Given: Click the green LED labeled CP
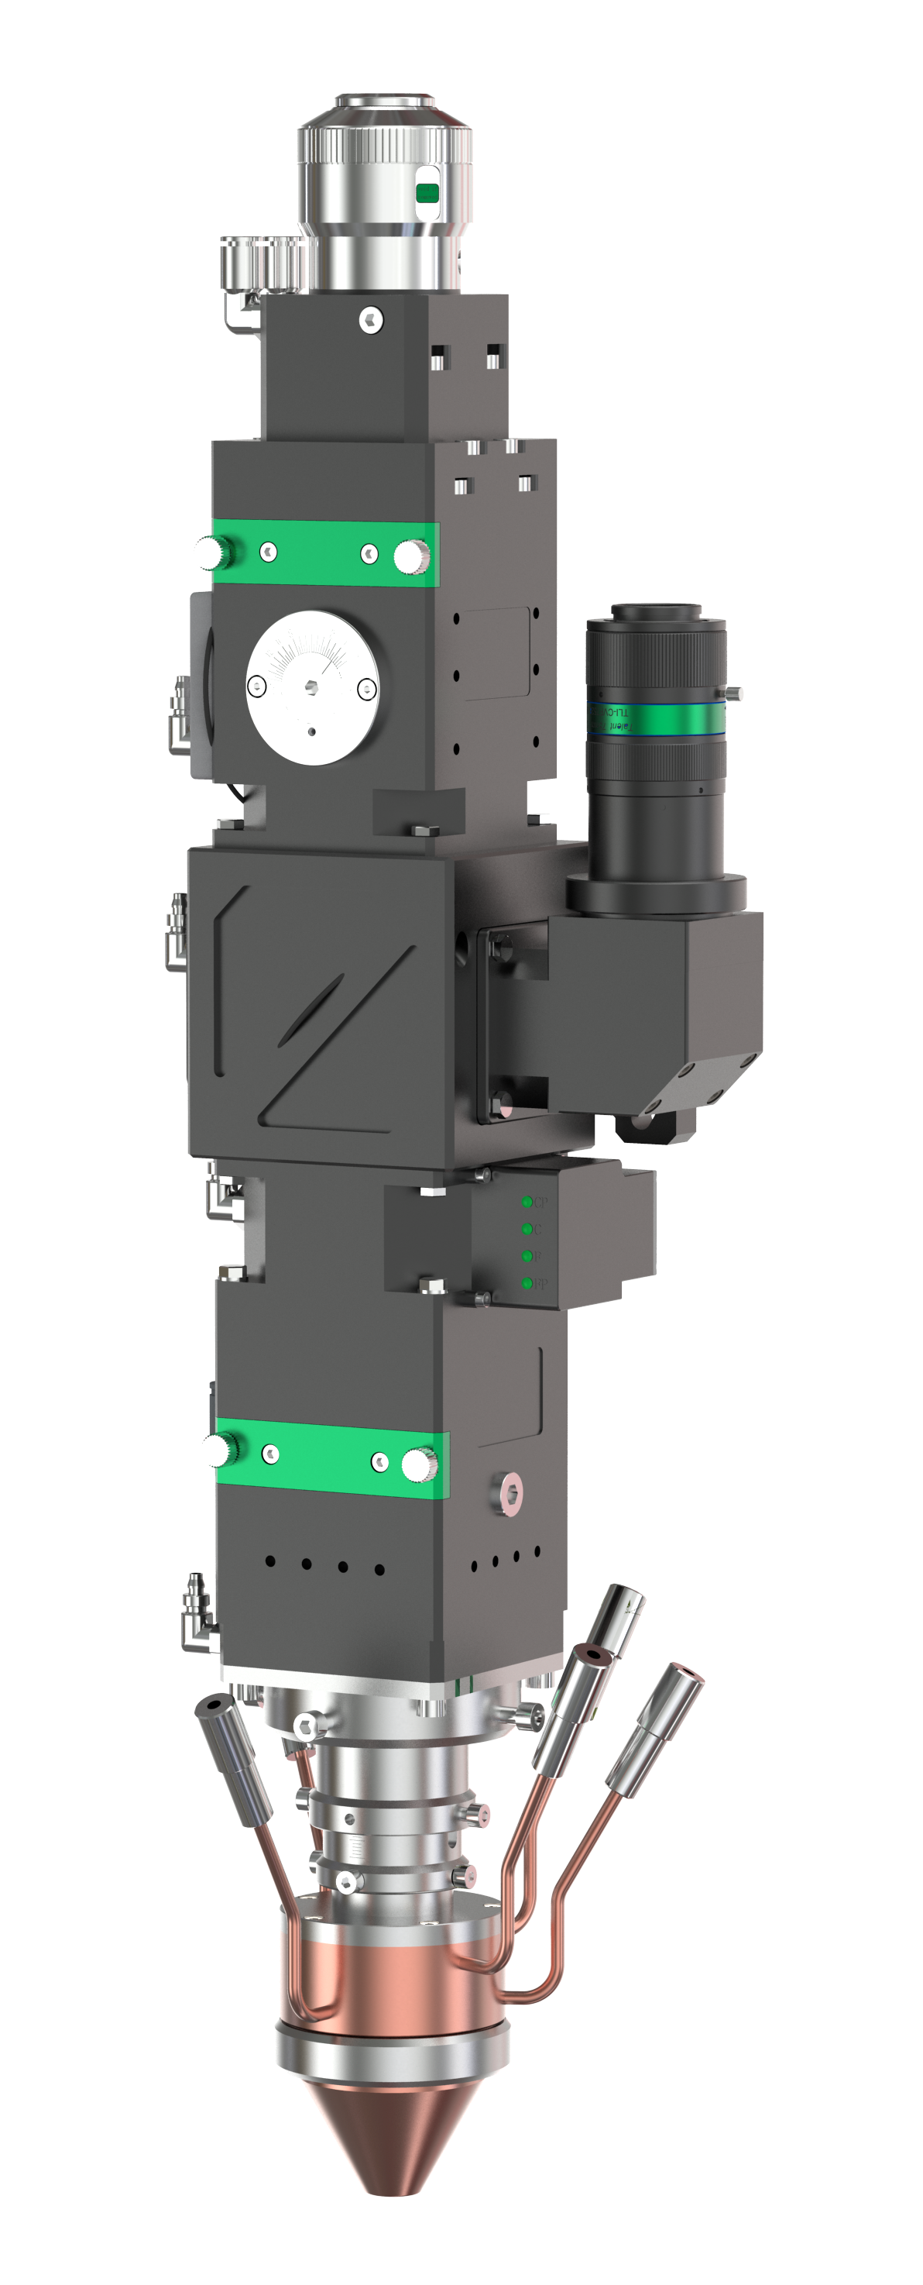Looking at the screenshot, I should [x=527, y=1202].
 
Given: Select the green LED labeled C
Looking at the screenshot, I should [x=527, y=1229].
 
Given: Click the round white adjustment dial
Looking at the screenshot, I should [x=312, y=688].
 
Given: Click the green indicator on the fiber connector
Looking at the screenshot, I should [x=427, y=192].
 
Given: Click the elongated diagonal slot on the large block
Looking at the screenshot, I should [x=311, y=1010].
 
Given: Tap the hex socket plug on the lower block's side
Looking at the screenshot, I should [x=512, y=1496].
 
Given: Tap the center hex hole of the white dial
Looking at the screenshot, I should [x=312, y=686].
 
